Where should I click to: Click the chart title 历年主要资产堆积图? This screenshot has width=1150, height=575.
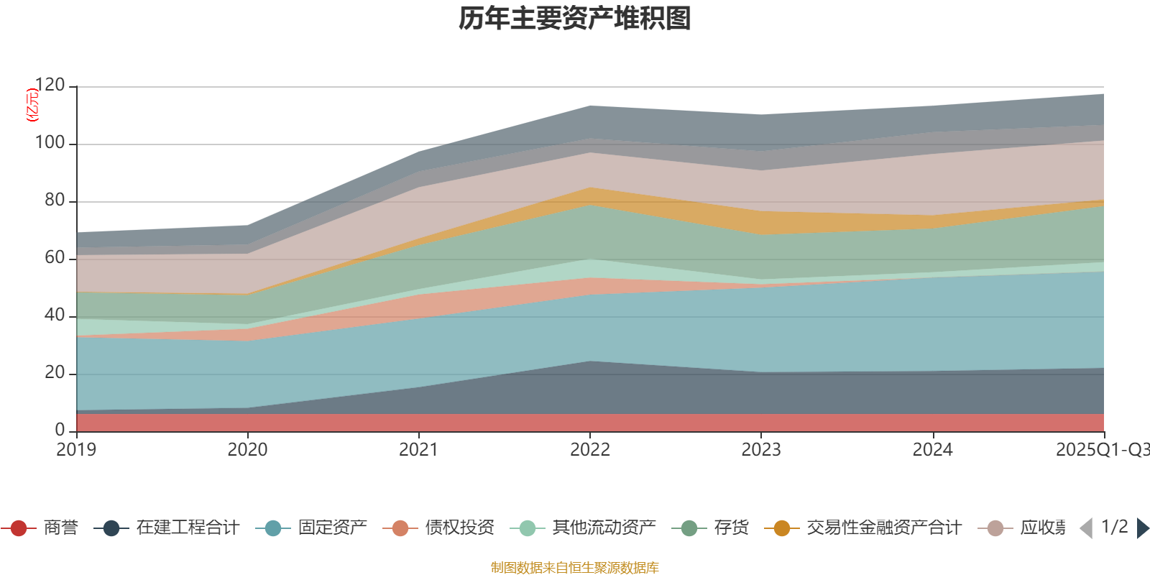[575, 19]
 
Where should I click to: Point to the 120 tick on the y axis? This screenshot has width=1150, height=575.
[50, 86]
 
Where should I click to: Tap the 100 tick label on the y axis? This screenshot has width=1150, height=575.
[50, 143]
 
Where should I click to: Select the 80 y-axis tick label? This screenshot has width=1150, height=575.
[54, 201]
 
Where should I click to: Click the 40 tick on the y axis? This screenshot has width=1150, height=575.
[54, 315]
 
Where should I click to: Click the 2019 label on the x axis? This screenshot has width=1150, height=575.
[76, 450]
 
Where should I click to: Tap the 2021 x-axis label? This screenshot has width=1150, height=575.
[418, 450]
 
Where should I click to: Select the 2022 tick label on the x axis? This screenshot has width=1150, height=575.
[589, 450]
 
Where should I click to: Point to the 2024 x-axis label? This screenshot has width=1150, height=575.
[932, 450]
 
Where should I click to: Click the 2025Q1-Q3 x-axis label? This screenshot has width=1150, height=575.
[1101, 450]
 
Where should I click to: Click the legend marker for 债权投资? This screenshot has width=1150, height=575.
[400, 528]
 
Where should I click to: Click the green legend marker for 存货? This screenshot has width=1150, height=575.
[689, 528]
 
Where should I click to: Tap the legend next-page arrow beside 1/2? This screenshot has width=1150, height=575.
[1142, 528]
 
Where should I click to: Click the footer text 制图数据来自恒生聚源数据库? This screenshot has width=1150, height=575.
[575, 568]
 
